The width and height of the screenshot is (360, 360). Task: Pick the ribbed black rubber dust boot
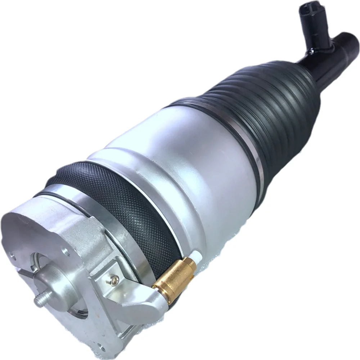pos(259,108)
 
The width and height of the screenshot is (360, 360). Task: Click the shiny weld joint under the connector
pos(310,52)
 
